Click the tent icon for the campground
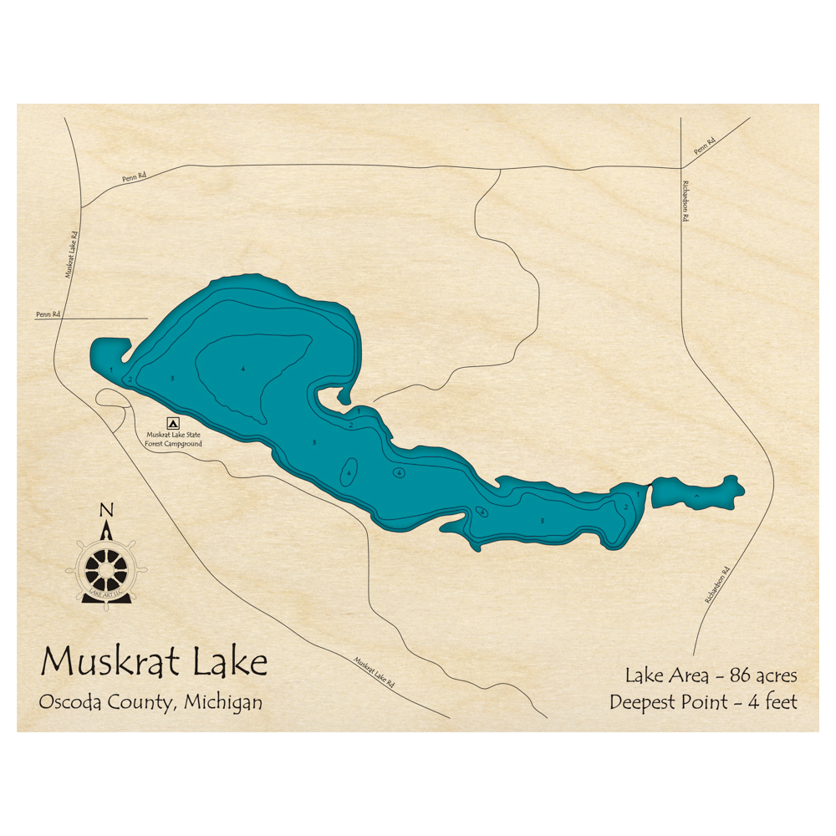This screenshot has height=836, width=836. click(x=173, y=424)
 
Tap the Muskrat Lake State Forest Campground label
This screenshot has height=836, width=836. click(x=174, y=439)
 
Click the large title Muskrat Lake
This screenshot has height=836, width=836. click(x=155, y=661)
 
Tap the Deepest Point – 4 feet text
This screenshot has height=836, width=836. click(x=703, y=701)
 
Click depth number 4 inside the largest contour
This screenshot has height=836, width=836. click(x=242, y=370)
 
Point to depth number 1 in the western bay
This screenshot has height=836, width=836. click(x=110, y=369)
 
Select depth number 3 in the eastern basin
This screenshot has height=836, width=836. click(x=543, y=522)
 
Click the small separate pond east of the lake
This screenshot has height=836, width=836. click(x=696, y=493)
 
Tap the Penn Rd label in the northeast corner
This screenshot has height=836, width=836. click(x=705, y=146)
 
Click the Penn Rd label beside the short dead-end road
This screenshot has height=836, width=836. click(x=48, y=314)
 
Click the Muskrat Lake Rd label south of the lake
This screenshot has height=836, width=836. click(x=374, y=673)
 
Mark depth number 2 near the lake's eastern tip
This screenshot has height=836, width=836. click(x=625, y=507)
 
